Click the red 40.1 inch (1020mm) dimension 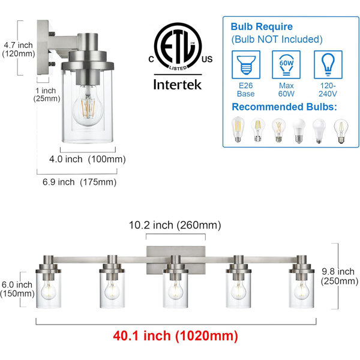coord(175,335)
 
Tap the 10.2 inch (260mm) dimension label coord(175,225)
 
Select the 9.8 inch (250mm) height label coord(340,276)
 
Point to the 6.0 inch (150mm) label coord(17,289)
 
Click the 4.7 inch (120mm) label coord(19,49)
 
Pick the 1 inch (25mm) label coord(47,94)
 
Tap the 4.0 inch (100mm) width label coord(88,159)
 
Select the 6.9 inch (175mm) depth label coord(79,182)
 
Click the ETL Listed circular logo coord(178,46)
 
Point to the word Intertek coord(178,85)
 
